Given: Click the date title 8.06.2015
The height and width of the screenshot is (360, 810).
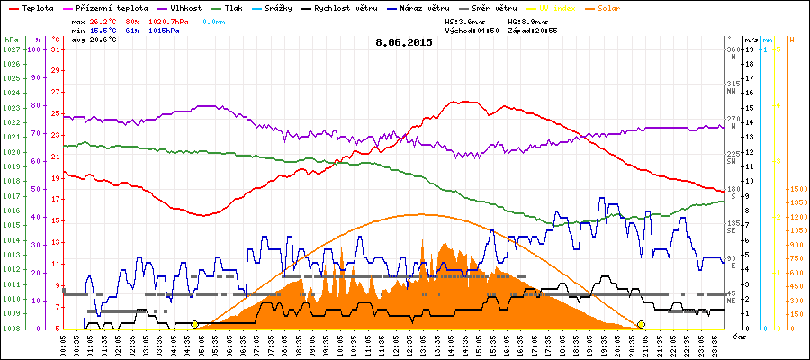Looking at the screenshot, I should tap(404, 42).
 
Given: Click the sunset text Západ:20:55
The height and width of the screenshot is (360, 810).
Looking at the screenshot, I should tap(533, 30).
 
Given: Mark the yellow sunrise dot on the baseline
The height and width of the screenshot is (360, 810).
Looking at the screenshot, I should tap(194, 324).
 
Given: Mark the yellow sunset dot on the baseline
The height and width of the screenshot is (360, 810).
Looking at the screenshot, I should tap(641, 324).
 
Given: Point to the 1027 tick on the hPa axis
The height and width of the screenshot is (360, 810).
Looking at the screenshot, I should tap(11, 49).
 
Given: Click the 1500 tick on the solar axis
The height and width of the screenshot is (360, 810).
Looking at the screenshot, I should tap(796, 189).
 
